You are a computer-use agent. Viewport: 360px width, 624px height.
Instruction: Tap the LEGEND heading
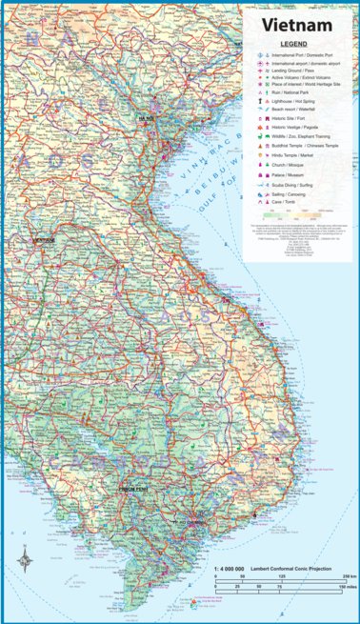pyautogui.click(x=292, y=45)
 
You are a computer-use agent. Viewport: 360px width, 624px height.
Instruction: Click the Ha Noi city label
pyautogui.click(x=146, y=118)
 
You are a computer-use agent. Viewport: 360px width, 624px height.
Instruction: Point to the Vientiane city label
pyautogui.click(x=43, y=240)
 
